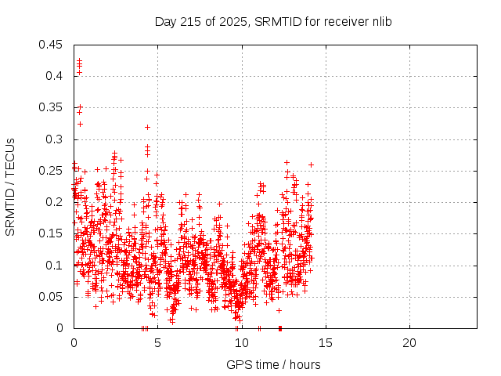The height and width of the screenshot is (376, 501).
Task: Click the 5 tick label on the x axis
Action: [157, 343]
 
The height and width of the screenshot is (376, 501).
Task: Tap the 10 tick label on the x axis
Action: [241, 343]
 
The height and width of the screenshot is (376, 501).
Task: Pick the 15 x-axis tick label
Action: [325, 343]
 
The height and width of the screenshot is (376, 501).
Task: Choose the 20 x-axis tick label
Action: [409, 343]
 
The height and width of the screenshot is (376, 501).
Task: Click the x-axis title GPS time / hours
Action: [273, 364]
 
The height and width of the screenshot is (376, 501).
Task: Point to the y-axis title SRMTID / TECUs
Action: [10, 186]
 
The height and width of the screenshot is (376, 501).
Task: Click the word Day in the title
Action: [165, 21]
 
